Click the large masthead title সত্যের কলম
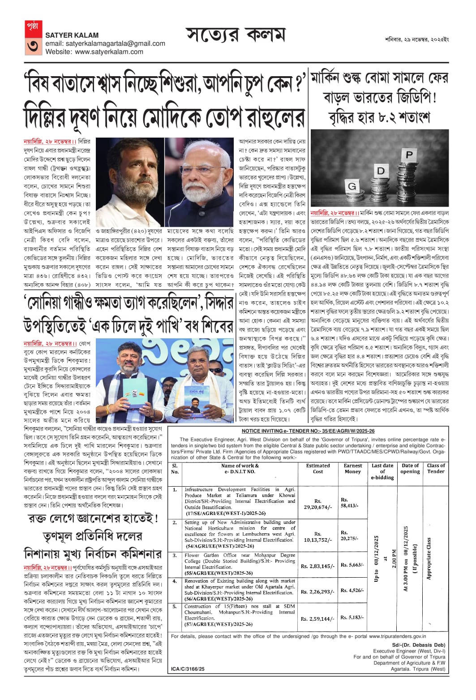coord(235,35)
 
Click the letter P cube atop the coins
coord(409,156)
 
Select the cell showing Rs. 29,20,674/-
coord(317,504)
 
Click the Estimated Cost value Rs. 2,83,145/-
coord(317,566)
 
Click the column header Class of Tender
coord(435,468)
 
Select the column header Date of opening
coord(410,468)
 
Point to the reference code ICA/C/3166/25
coord(188,669)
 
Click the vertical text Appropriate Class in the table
coord(429,558)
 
